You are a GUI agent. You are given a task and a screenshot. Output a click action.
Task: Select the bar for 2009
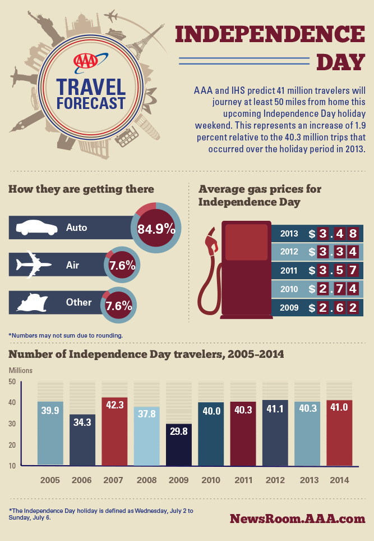tap(179, 445)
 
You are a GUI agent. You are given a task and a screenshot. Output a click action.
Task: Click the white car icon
tap(37, 228)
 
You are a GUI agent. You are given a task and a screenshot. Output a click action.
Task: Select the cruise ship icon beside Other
tap(36, 302)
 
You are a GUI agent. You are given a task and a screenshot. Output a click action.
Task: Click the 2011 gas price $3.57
tap(332, 270)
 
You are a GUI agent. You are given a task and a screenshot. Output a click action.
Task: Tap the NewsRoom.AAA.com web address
tap(297, 518)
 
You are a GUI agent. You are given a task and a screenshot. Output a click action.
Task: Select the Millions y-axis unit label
tap(20, 370)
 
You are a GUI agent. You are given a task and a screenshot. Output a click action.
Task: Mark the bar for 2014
tap(339, 433)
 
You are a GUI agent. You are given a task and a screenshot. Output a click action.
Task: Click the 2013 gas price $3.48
tap(332, 233)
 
